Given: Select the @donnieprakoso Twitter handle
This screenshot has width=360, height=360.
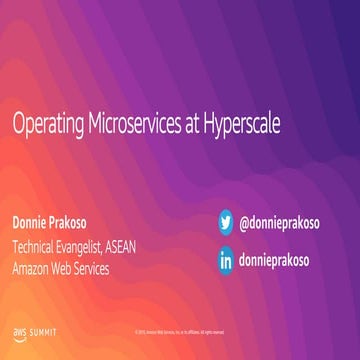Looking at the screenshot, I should pyautogui.click(x=287, y=223).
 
